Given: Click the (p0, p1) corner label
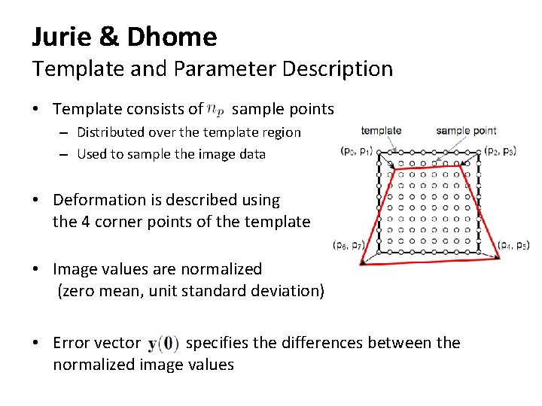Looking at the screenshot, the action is click(356, 151).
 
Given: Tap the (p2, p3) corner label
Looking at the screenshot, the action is click(500, 150).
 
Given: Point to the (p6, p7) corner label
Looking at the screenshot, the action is click(349, 245).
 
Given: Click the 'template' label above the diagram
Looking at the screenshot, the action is click(381, 131).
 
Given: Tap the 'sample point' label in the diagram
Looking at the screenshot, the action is click(466, 131).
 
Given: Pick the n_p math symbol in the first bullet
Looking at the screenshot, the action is click(216, 110).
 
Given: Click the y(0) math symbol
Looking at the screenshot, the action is click(163, 344).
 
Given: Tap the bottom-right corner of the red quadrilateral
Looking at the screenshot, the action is click(501, 258).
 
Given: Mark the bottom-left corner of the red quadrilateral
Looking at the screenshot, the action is click(361, 263).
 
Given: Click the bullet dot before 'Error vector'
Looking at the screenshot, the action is click(36, 344).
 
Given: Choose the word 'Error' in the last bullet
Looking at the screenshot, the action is click(72, 344).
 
